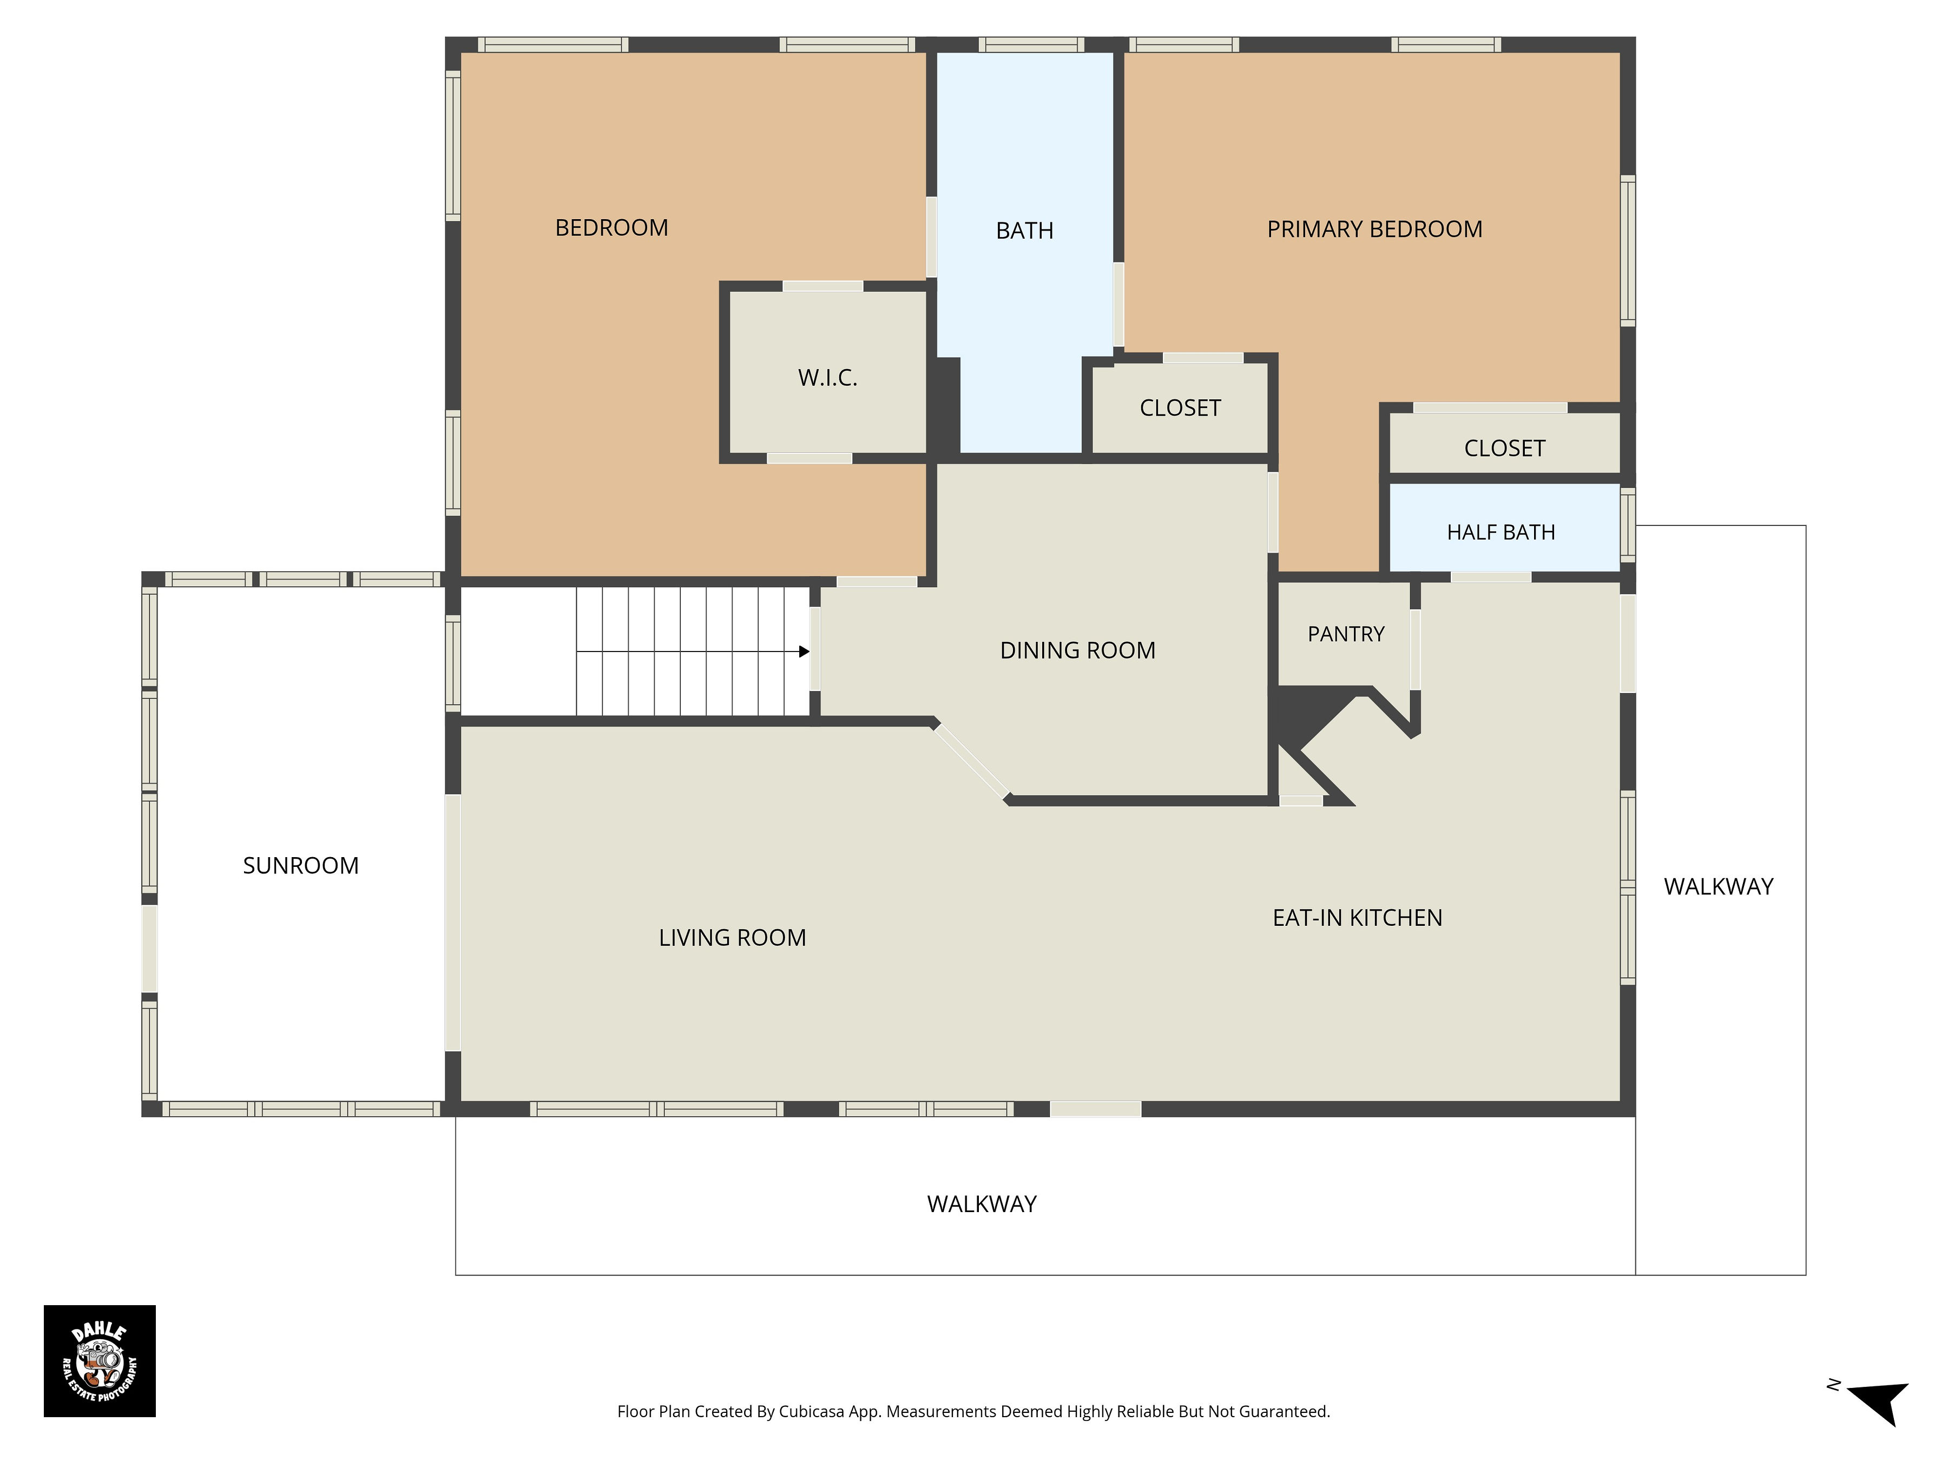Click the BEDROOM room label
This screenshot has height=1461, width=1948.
click(611, 228)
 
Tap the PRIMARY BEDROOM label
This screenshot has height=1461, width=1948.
click(1375, 229)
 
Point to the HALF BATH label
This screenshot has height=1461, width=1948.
click(1501, 532)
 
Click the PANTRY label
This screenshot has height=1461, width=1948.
click(1346, 634)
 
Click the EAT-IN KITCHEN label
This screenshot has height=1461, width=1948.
click(1357, 918)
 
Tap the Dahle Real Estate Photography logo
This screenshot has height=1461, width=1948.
click(100, 1360)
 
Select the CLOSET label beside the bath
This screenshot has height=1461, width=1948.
click(1180, 408)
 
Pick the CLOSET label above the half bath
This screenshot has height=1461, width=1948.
click(1504, 448)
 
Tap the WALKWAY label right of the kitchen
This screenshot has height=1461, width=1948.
click(1718, 887)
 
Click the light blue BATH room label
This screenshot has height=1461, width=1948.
click(1024, 231)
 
